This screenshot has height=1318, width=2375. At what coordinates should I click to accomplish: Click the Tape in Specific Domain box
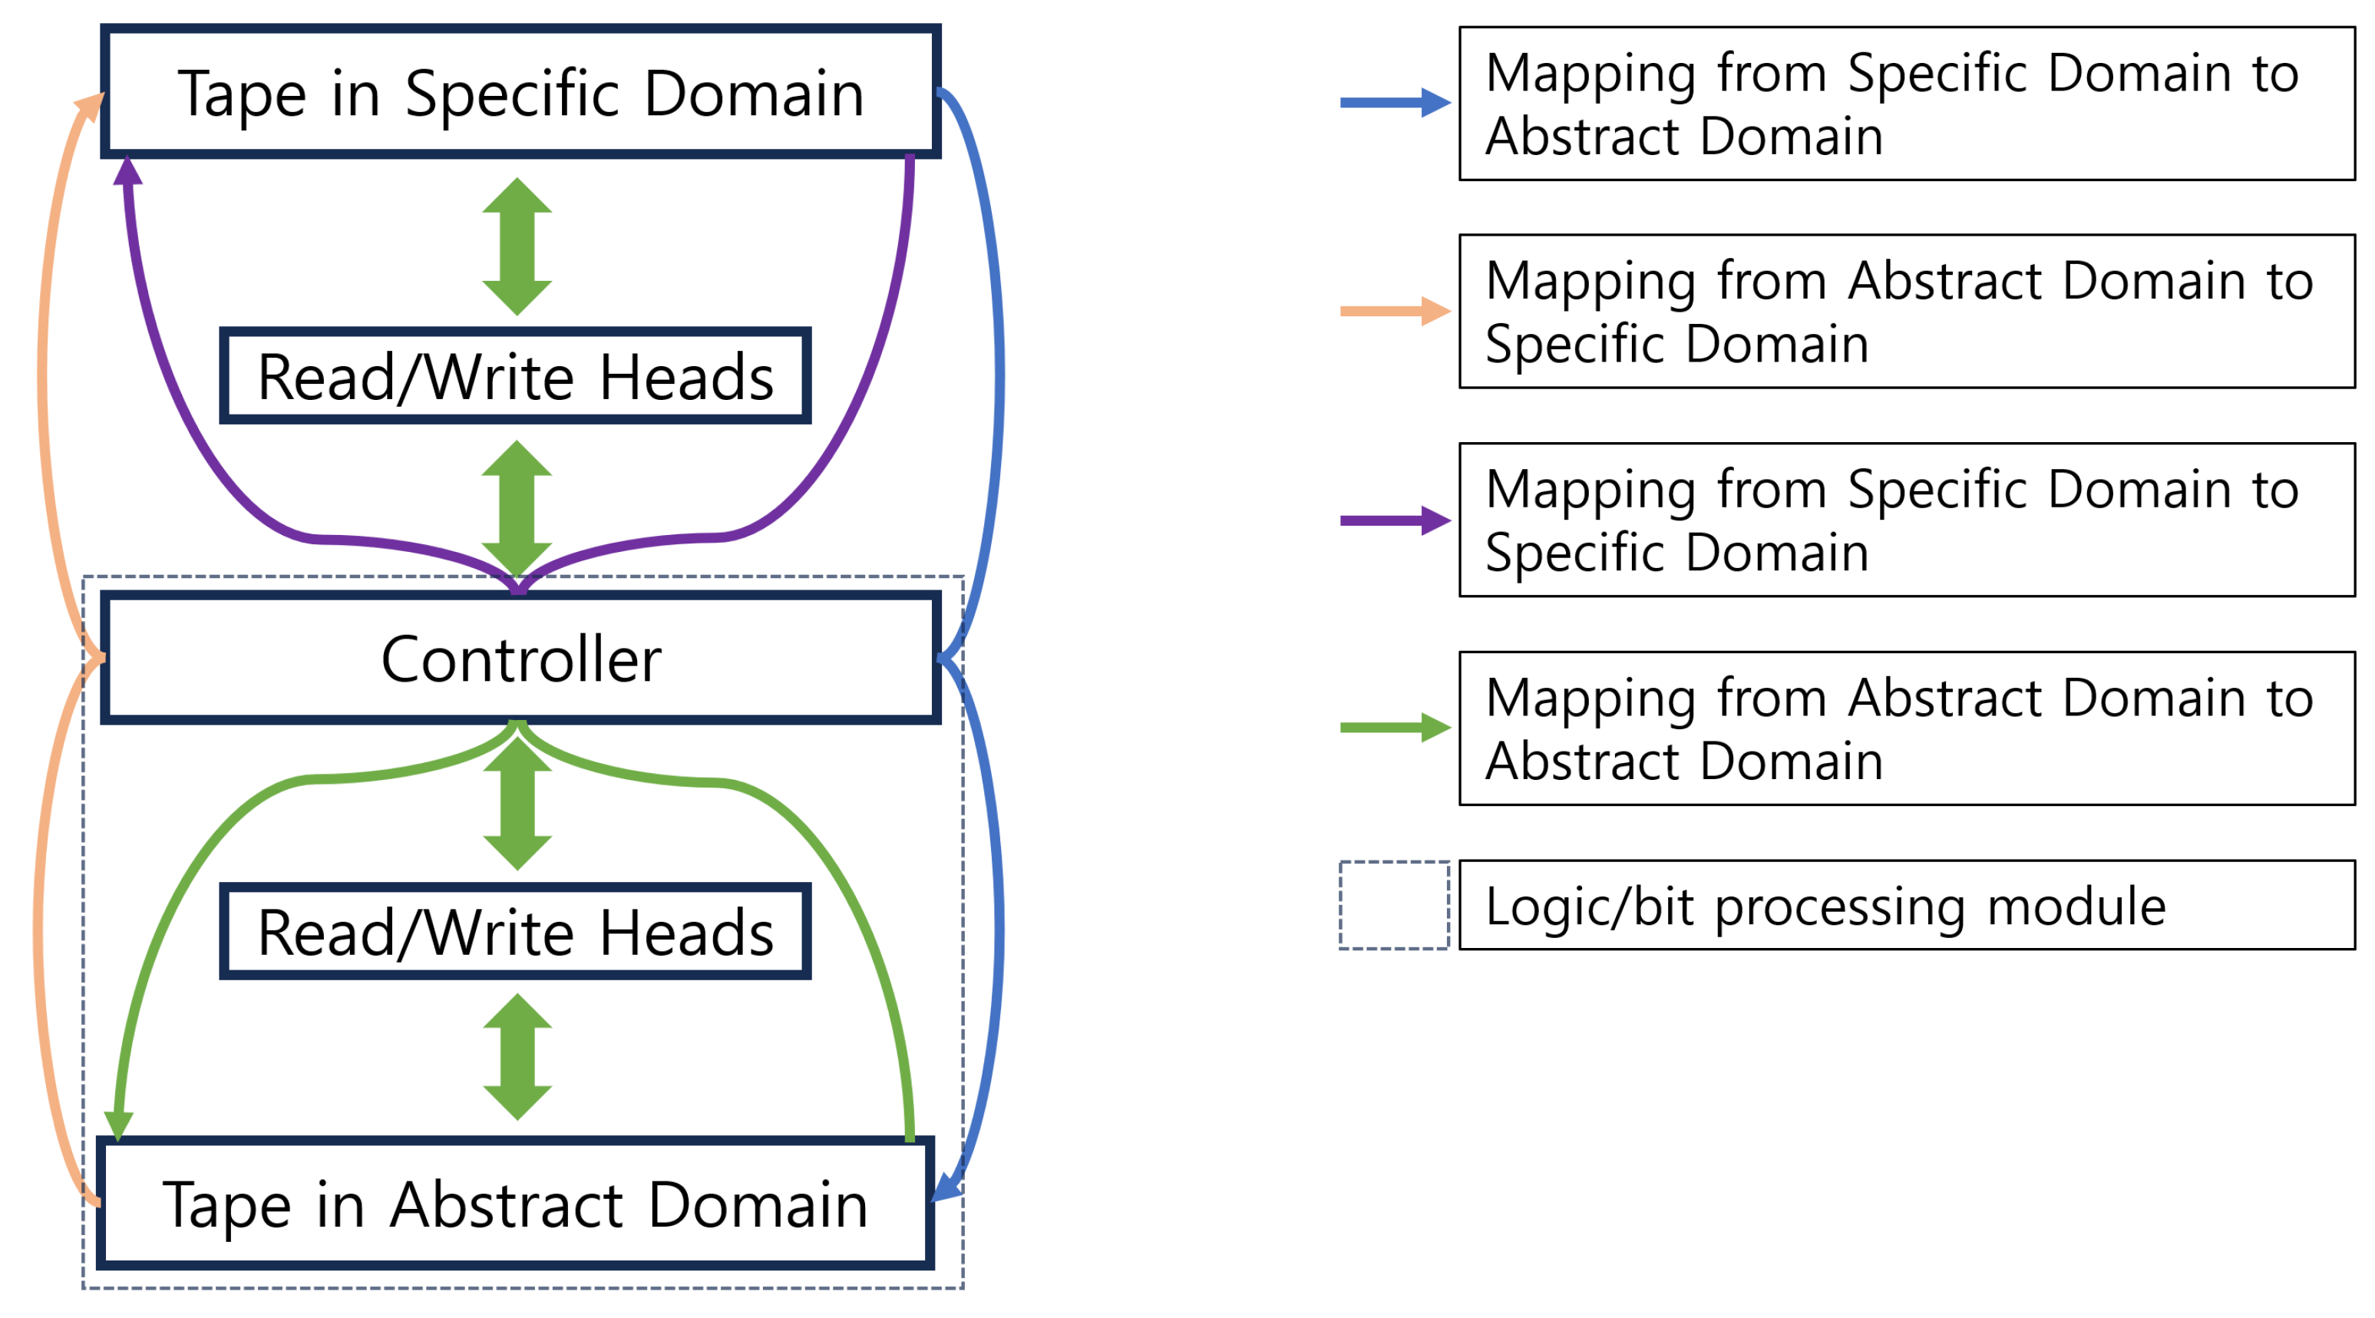pos(521,92)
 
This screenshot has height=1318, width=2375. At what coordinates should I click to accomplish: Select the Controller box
pos(521,658)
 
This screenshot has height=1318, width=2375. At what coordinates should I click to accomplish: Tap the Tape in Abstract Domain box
pos(514,1204)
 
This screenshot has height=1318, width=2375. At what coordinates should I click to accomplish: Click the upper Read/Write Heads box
pos(514,376)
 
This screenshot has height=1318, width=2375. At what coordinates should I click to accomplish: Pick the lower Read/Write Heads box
pos(514,931)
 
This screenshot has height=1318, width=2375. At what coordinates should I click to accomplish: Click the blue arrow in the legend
pos(1394,102)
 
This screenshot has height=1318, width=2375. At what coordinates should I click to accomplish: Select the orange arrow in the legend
pos(1394,311)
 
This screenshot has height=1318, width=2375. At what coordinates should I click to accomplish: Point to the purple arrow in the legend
pos(1394,520)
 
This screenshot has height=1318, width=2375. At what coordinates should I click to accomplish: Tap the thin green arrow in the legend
pos(1394,727)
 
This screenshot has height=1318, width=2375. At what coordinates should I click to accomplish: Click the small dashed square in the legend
pos(1394,905)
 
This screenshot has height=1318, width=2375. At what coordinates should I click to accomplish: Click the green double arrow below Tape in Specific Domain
pos(517,246)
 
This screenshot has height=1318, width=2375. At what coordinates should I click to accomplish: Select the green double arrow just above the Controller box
pos(517,509)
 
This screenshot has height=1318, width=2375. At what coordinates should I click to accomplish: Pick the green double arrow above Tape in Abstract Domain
pos(517,1056)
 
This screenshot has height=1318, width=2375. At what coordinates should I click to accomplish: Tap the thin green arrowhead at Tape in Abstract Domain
pos(118,1124)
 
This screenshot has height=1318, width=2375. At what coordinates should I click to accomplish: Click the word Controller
pos(521,658)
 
